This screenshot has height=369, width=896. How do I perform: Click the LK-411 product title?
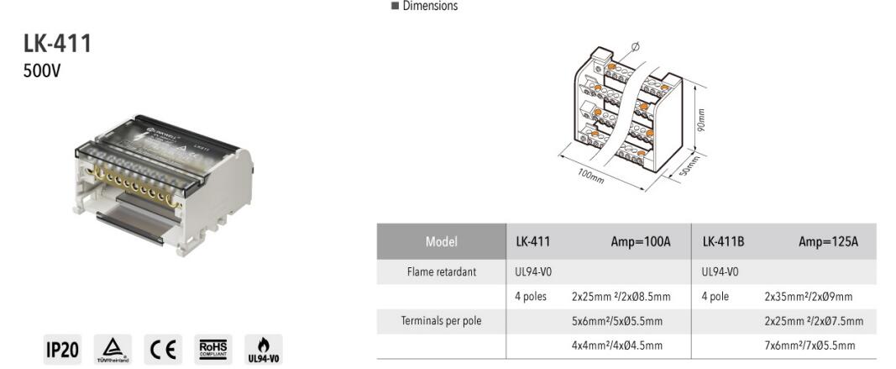pyautogui.click(x=57, y=44)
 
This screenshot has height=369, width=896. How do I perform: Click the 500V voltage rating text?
pyautogui.click(x=42, y=71)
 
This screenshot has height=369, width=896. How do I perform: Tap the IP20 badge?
pyautogui.click(x=62, y=350)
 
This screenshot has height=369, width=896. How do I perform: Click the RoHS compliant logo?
pyautogui.click(x=213, y=350)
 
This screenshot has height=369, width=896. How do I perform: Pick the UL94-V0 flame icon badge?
pyautogui.click(x=263, y=350)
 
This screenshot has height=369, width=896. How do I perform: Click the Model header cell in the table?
pyautogui.click(x=441, y=242)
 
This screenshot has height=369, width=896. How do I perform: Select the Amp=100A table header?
pyautogui.click(x=641, y=242)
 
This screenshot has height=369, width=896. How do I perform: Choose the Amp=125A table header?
pyautogui.click(x=828, y=242)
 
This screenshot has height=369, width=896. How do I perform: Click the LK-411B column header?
pyautogui.click(x=723, y=242)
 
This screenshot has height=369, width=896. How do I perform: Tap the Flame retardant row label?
pyautogui.click(x=441, y=272)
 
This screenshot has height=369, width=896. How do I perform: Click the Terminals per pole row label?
pyautogui.click(x=441, y=321)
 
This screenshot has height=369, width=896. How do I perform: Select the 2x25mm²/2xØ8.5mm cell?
pyautogui.click(x=621, y=297)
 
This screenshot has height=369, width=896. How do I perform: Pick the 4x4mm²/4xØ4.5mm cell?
pyautogui.click(x=617, y=345)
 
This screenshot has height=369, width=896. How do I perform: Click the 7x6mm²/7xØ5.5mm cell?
pyautogui.click(x=810, y=345)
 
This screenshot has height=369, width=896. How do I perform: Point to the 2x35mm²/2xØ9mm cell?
pyautogui.click(x=808, y=297)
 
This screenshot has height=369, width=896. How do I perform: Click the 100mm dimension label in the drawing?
pyautogui.click(x=590, y=177)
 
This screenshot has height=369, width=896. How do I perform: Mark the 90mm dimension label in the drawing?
pyautogui.click(x=701, y=119)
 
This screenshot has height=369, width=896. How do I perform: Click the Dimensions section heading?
pyautogui.click(x=429, y=7)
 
